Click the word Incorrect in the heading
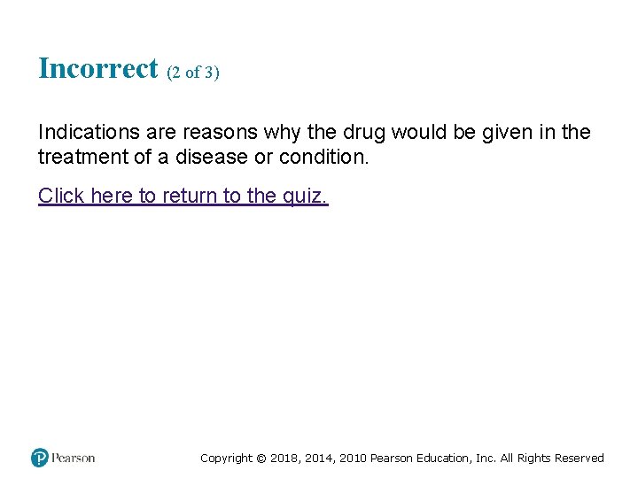97,69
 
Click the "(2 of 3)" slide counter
192,73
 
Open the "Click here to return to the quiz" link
183,196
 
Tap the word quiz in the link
305,196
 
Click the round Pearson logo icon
40,458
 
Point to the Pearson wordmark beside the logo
74,458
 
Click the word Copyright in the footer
226,459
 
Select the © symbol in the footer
261,459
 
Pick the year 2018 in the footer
284,459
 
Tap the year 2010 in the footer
351,459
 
